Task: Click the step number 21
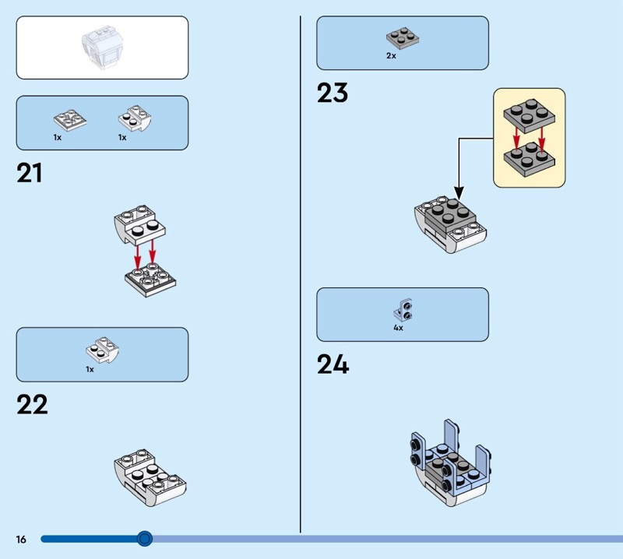[30, 173]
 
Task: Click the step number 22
[32, 404]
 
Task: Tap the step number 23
[332, 93]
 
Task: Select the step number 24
[333, 364]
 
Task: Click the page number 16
[20, 539]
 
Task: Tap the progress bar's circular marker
[144, 538]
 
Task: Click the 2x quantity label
[391, 56]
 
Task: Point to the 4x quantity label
[398, 329]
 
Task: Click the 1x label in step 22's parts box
[90, 369]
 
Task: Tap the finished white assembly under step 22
[149, 474]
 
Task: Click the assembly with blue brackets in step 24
[447, 461]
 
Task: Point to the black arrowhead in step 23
[459, 193]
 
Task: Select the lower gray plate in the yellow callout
[529, 157]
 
